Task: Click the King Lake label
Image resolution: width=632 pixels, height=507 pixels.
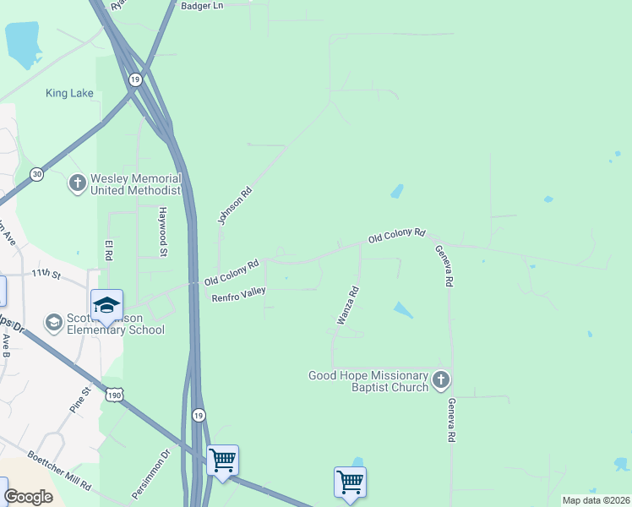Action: point(69,93)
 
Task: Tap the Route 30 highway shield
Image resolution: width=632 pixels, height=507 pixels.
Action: point(36,173)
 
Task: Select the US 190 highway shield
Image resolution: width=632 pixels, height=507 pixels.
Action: point(115,395)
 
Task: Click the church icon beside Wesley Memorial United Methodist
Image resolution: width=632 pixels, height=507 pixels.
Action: point(77,183)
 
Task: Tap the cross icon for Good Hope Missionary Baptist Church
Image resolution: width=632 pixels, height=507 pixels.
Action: point(440,381)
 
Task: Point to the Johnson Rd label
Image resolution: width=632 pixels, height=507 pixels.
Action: point(235,206)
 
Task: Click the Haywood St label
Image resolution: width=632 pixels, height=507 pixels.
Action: point(163,231)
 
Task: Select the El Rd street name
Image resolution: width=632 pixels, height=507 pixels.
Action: point(108,250)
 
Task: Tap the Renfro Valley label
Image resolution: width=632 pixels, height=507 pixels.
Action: point(238,294)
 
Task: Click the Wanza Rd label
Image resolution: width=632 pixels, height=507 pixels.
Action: point(348,305)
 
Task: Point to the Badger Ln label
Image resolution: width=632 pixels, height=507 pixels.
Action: point(202,5)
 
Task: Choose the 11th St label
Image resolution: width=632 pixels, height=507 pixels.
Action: point(46,274)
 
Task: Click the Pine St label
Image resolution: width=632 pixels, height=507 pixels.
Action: point(79,400)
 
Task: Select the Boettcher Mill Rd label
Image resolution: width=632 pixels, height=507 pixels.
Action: point(59,469)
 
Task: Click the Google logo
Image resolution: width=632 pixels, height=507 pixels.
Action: point(29,496)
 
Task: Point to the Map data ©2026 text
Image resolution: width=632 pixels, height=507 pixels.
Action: point(595,500)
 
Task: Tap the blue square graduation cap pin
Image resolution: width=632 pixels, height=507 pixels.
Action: point(107,305)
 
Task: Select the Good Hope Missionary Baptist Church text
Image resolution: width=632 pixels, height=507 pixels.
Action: point(368,381)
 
